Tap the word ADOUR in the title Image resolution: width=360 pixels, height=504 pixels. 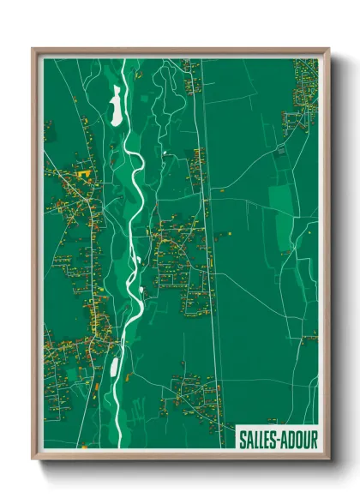click(299, 439)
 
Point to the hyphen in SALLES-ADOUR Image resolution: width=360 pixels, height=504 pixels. click(279, 439)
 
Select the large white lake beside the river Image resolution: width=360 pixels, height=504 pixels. click(116, 107)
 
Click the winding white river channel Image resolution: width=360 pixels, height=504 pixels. click(135, 214)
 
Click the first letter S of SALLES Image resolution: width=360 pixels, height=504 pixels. click(242, 439)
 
